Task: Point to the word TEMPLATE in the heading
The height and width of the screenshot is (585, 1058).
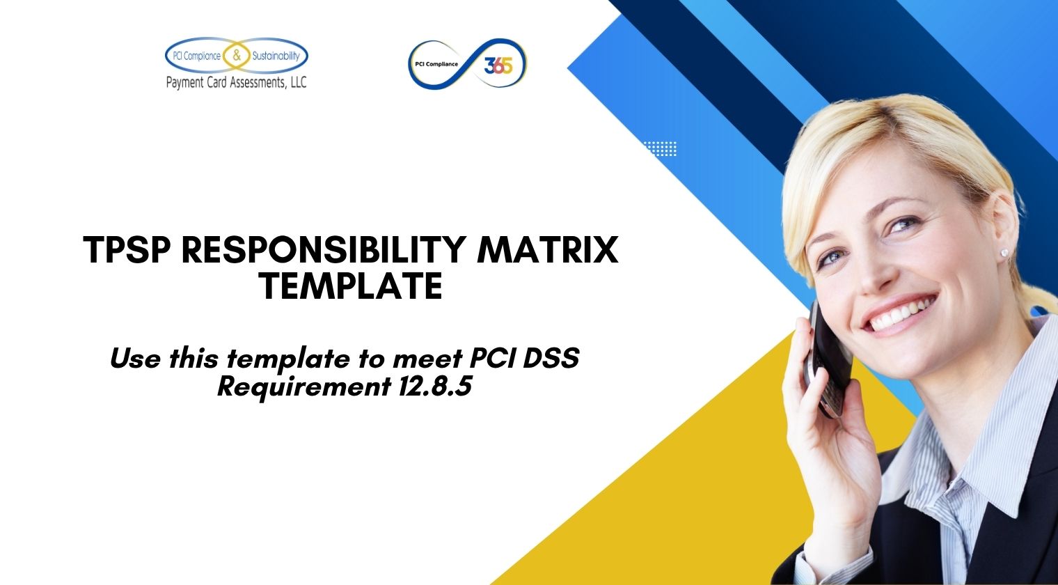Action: click(x=351, y=286)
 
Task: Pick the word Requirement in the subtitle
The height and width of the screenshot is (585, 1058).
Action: click(x=303, y=387)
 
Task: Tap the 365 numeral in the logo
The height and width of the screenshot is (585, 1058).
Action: click(x=498, y=65)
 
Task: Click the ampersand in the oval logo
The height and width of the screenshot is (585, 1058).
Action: click(x=237, y=56)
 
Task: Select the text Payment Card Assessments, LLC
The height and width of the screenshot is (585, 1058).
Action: click(x=236, y=83)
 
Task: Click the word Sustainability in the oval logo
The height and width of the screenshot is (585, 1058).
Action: click(x=274, y=56)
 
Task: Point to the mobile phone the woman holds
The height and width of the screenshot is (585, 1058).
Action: click(x=828, y=355)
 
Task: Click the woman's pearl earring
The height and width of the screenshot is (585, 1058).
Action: click(x=1004, y=253)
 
